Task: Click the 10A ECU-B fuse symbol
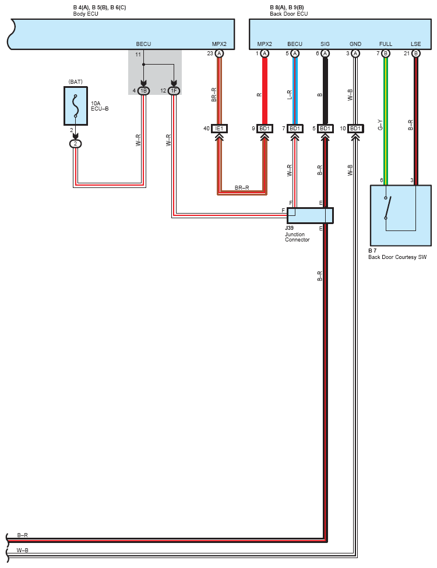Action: [x=75, y=106]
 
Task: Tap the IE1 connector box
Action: [x=220, y=129]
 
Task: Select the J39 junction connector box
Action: [x=310, y=215]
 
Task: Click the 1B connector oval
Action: [x=143, y=91]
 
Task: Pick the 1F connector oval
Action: [x=174, y=91]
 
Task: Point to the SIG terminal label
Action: [x=325, y=44]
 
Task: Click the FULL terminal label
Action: [x=386, y=44]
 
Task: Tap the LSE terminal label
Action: [x=415, y=44]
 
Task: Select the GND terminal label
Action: [x=355, y=44]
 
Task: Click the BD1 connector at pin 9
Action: [x=265, y=129]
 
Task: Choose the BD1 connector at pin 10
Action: [x=355, y=129]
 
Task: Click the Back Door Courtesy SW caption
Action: [x=397, y=257]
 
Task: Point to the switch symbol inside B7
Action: [x=387, y=208]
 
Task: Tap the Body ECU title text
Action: [x=86, y=14]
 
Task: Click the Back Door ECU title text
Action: [x=288, y=14]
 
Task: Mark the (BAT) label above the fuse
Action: [x=75, y=82]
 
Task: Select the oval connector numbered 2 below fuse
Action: [x=75, y=144]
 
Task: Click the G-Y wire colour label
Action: [x=380, y=125]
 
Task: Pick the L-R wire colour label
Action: [x=290, y=95]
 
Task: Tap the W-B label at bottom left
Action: [x=23, y=551]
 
